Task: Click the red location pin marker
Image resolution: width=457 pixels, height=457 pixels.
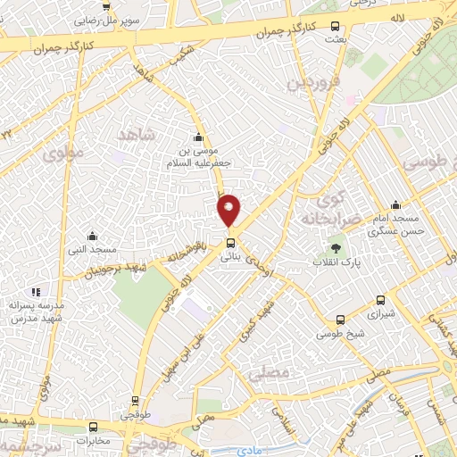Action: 229,209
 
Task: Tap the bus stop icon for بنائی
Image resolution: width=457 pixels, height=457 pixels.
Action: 231,242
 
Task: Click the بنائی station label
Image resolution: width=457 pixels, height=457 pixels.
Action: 231,255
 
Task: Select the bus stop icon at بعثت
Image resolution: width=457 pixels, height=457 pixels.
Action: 335,26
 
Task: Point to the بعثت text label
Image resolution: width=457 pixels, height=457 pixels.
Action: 335,39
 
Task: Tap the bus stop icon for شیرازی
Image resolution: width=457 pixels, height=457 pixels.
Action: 381,301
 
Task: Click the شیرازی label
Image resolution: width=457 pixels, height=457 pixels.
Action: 381,314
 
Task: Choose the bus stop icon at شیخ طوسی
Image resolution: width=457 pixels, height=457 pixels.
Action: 340,320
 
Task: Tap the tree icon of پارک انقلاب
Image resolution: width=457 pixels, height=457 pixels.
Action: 336,248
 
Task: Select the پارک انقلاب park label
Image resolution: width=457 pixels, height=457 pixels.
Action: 337,263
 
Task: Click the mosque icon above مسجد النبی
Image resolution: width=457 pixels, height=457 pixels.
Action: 92,237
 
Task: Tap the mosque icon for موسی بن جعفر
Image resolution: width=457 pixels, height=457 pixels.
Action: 197,137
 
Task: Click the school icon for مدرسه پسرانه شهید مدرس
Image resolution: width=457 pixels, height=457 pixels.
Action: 35,291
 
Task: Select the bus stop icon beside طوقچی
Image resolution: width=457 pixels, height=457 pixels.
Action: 135,401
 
